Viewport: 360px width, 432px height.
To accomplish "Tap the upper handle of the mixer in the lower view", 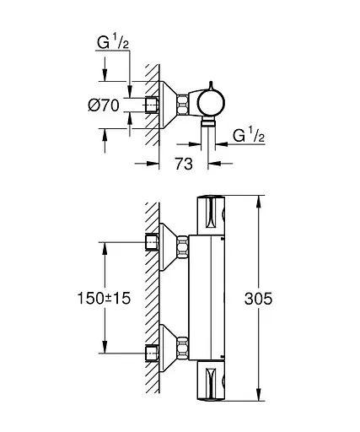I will pyautogui.click(x=212, y=217).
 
